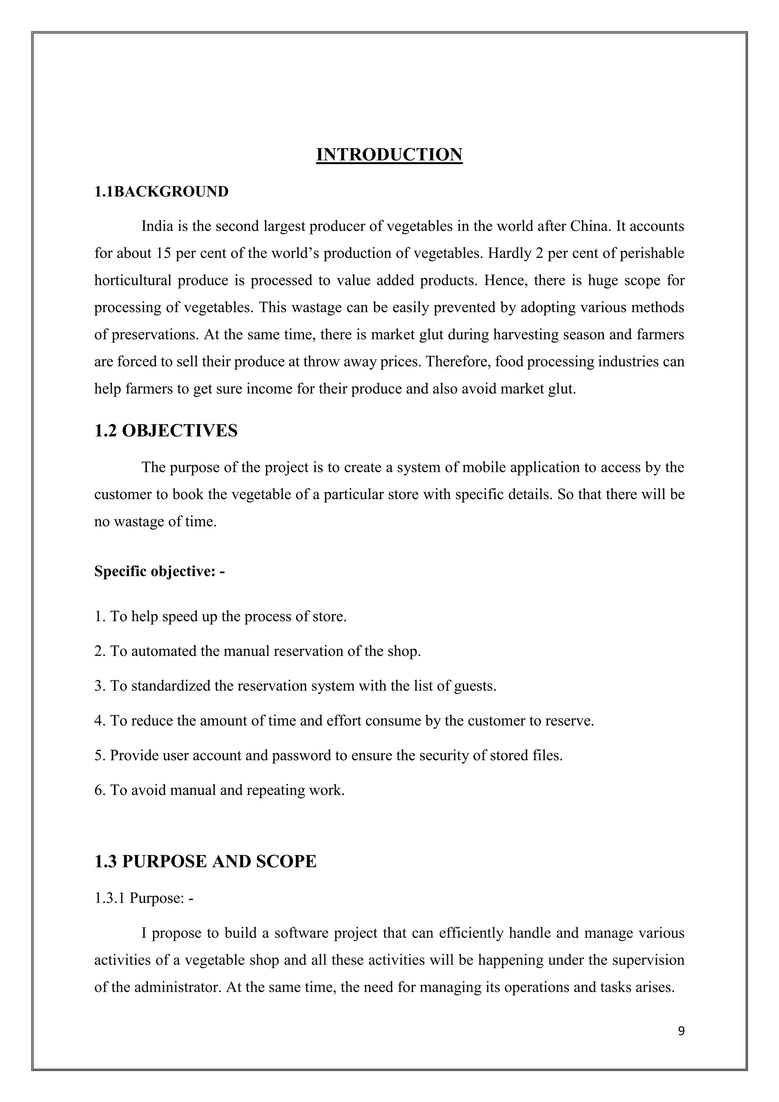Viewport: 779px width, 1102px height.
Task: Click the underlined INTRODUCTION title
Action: pyautogui.click(x=389, y=154)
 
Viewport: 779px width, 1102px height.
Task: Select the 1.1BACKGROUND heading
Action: pyautogui.click(x=161, y=191)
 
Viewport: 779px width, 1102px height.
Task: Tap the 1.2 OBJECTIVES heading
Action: pyautogui.click(x=166, y=430)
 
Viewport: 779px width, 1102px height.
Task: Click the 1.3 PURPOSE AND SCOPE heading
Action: pyautogui.click(x=205, y=861)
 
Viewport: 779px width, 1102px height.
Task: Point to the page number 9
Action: pyautogui.click(x=681, y=1031)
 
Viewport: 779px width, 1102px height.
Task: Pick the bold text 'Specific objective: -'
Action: pyautogui.click(x=159, y=571)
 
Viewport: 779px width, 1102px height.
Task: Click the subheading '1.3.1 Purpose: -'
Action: pyautogui.click(x=144, y=898)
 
